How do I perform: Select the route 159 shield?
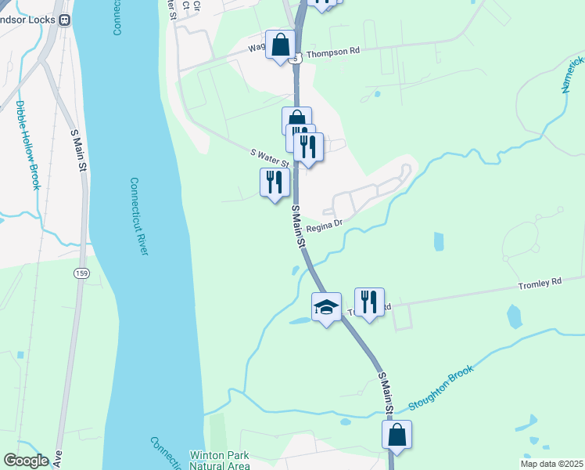click(x=81, y=273)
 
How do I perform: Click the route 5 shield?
click(x=295, y=58)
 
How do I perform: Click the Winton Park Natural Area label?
click(x=220, y=461)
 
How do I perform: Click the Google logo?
click(x=26, y=461)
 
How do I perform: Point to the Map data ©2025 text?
click(x=551, y=464)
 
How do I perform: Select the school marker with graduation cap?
click(x=326, y=306)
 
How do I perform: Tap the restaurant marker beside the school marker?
click(x=369, y=300)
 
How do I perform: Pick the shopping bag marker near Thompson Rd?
click(x=280, y=44)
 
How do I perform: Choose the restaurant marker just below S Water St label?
click(x=275, y=183)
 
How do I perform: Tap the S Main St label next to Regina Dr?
click(x=298, y=227)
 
